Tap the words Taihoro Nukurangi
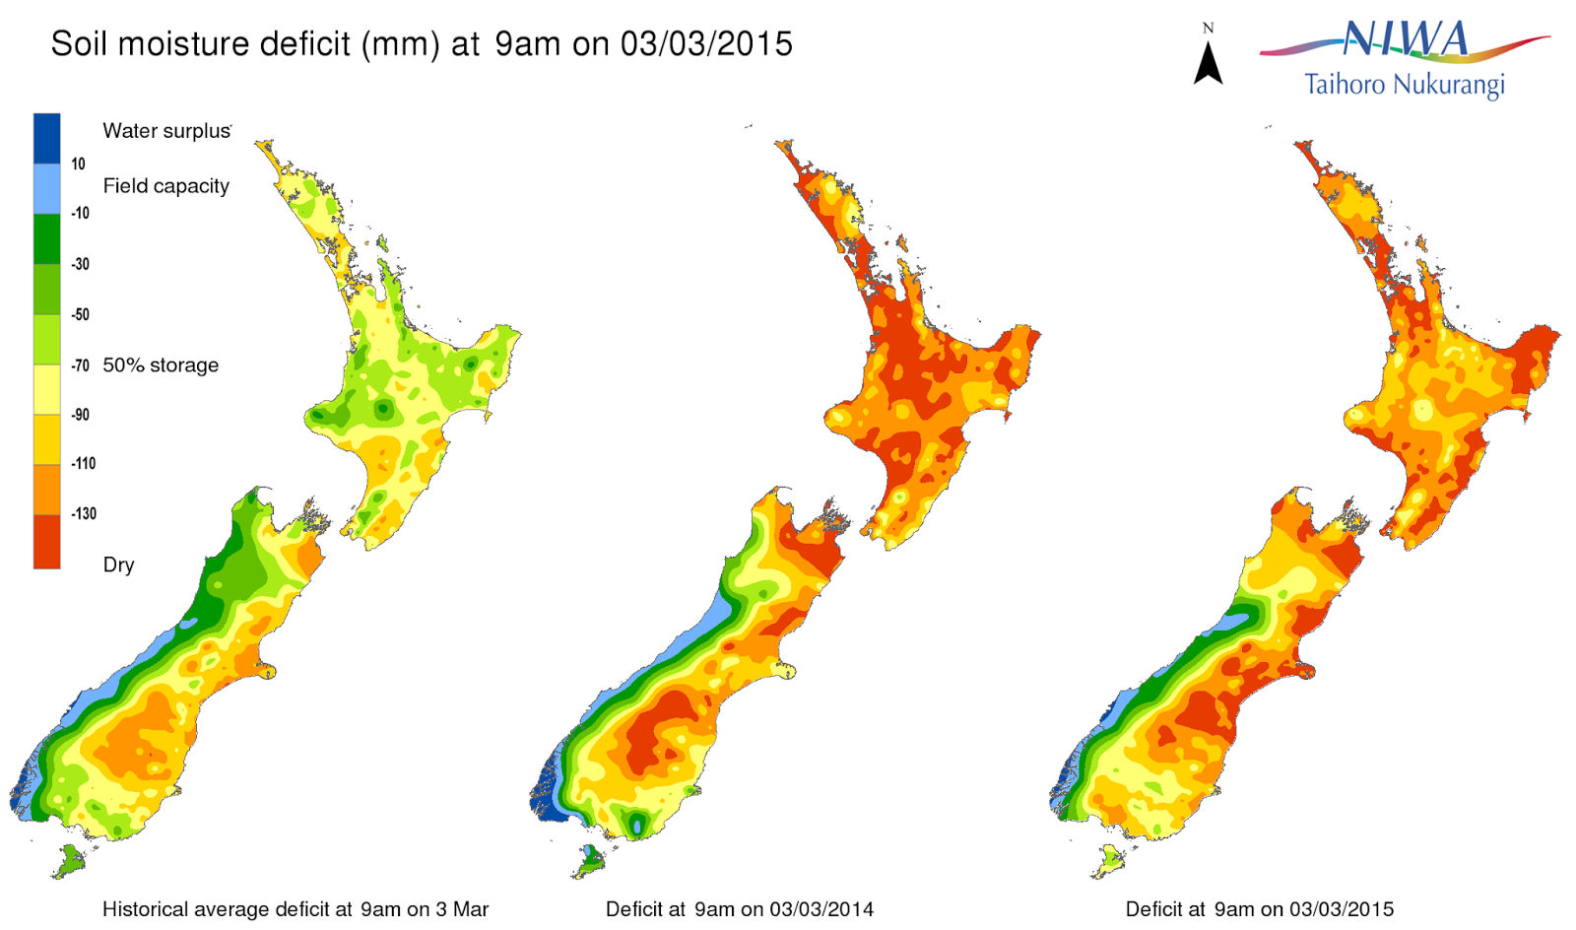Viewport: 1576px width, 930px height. [x=1404, y=85]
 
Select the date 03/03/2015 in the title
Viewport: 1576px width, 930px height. [x=706, y=44]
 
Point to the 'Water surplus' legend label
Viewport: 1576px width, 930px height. [x=166, y=131]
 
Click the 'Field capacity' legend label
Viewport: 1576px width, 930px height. [x=165, y=186]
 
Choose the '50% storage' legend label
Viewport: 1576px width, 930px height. [x=161, y=365]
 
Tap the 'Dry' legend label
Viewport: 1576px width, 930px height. [x=118, y=565]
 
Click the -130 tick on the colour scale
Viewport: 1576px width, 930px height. [x=84, y=513]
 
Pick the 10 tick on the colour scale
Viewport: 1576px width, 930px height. [x=78, y=164]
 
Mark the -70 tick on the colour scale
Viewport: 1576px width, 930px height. [x=81, y=365]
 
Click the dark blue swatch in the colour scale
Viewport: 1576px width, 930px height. [x=46, y=138]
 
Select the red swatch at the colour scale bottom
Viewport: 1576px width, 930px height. [x=46, y=542]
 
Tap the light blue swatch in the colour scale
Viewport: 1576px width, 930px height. [x=46, y=188]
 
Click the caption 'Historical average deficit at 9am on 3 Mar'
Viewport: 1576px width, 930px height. [x=295, y=909]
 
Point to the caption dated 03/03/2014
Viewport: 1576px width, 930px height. [x=739, y=909]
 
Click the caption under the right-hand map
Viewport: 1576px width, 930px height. [x=1259, y=909]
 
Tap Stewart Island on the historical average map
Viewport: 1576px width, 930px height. [x=69, y=863]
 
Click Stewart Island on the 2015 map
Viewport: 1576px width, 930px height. [x=1110, y=860]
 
